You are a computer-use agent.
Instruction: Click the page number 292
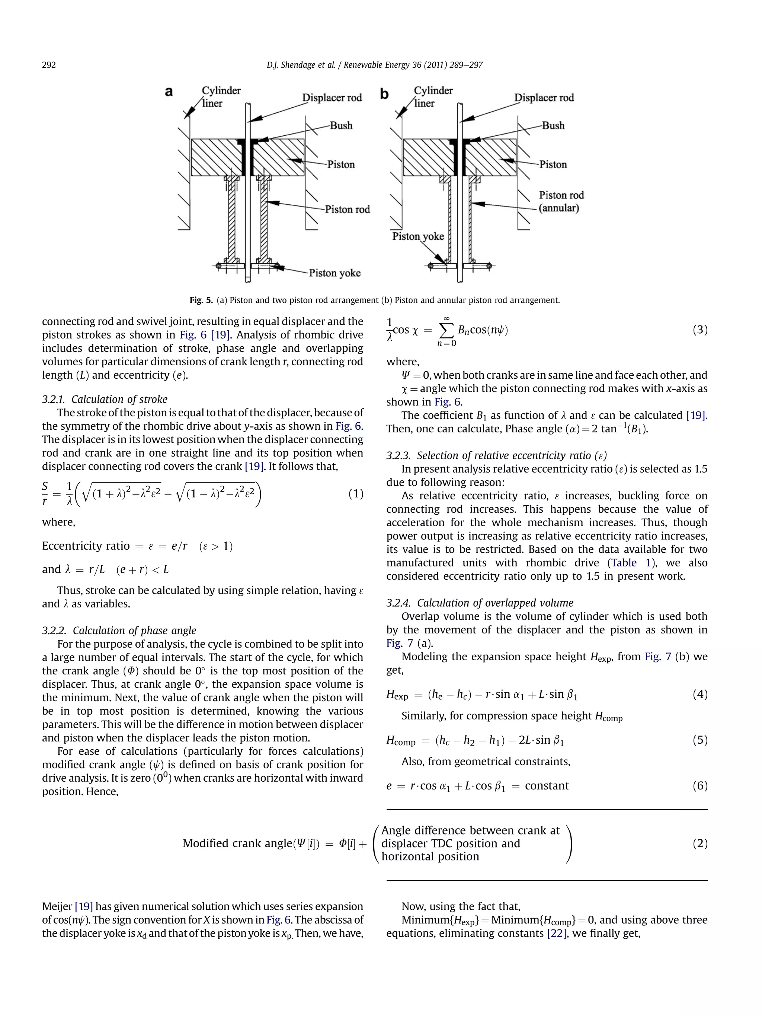tap(49, 65)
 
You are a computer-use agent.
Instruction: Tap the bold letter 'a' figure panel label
tap(169, 92)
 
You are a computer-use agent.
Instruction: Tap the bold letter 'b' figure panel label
tap(384, 94)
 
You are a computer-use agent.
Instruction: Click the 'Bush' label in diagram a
tap(341, 125)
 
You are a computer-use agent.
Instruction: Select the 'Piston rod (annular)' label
tap(561, 201)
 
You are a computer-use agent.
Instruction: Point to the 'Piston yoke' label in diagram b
tap(418, 236)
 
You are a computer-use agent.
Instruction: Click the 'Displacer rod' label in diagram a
tap(332, 98)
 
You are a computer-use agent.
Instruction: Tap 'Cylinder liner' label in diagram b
tap(433, 96)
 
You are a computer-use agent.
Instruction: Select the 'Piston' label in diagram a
tap(341, 165)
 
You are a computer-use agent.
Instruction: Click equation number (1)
tap(355, 494)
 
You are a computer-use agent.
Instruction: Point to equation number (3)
tap(699, 330)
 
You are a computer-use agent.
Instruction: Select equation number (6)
tap(699, 786)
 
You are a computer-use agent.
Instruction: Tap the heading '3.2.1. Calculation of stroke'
tap(105, 399)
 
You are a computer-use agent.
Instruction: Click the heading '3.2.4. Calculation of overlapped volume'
tap(480, 603)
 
